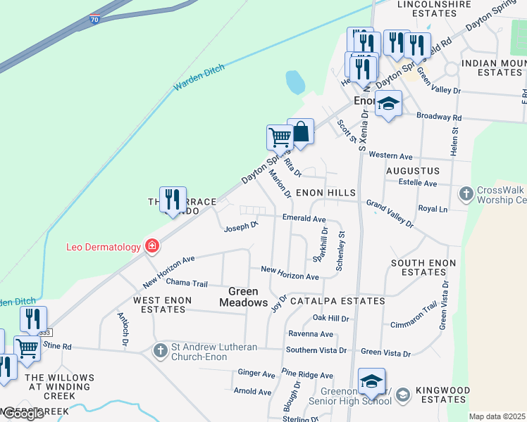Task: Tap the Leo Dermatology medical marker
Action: pyautogui.click(x=151, y=246)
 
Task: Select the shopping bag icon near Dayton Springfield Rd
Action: pyautogui.click(x=300, y=132)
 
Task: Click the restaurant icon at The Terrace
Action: pyautogui.click(x=173, y=199)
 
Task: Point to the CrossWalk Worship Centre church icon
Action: pyautogui.click(x=466, y=192)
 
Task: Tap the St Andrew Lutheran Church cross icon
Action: pyautogui.click(x=161, y=350)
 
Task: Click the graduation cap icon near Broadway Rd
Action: pyautogui.click(x=387, y=105)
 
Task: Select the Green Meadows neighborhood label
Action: pyautogui.click(x=244, y=297)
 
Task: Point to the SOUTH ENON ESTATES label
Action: pyautogui.click(x=418, y=267)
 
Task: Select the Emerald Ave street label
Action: pyautogui.click(x=304, y=219)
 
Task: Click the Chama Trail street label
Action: pyautogui.click(x=187, y=283)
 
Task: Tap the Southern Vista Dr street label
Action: pyautogui.click(x=316, y=350)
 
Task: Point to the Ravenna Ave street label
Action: pyautogui.click(x=310, y=333)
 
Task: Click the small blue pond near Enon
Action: pyautogui.click(x=295, y=82)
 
